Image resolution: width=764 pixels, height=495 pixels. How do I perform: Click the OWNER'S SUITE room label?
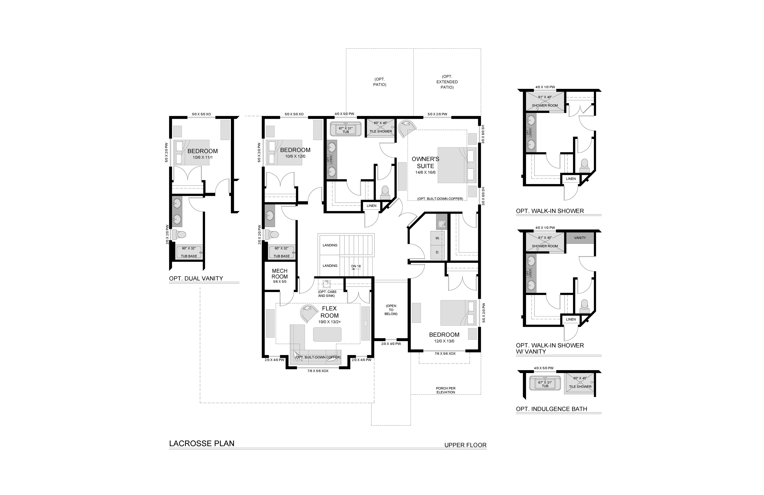425,162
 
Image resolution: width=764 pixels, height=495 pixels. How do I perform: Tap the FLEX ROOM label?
329,312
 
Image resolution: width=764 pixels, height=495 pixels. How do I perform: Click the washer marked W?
437,238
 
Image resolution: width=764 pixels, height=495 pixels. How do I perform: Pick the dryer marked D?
437,252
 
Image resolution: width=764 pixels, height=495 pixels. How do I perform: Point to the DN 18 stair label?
356,266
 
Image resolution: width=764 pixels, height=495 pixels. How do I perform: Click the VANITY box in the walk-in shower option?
580,238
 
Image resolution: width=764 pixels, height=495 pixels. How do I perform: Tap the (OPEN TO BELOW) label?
391,310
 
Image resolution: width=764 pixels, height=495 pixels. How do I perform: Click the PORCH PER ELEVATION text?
446,390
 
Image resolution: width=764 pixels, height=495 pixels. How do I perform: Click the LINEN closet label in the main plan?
371,206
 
